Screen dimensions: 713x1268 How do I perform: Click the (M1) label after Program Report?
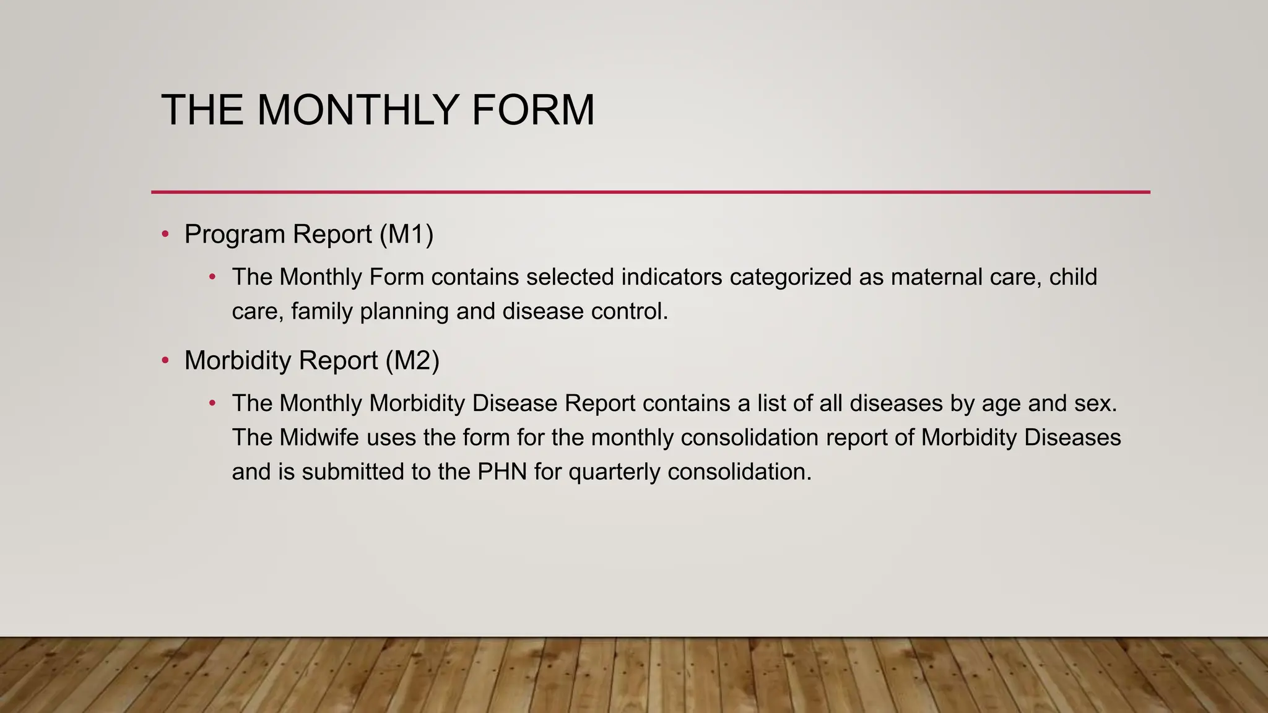(406, 234)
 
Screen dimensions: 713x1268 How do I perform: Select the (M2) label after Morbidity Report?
(412, 360)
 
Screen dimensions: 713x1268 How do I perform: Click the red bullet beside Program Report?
(165, 234)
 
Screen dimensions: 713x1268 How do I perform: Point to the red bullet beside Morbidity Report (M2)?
(165, 360)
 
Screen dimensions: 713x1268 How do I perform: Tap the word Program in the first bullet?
(235, 234)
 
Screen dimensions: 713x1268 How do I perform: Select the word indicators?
(671, 277)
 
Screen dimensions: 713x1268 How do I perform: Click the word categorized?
(791, 277)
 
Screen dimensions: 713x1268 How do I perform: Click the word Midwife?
(319, 438)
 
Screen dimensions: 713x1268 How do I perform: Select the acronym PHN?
(502, 472)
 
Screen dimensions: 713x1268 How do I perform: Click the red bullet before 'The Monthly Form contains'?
(212, 277)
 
